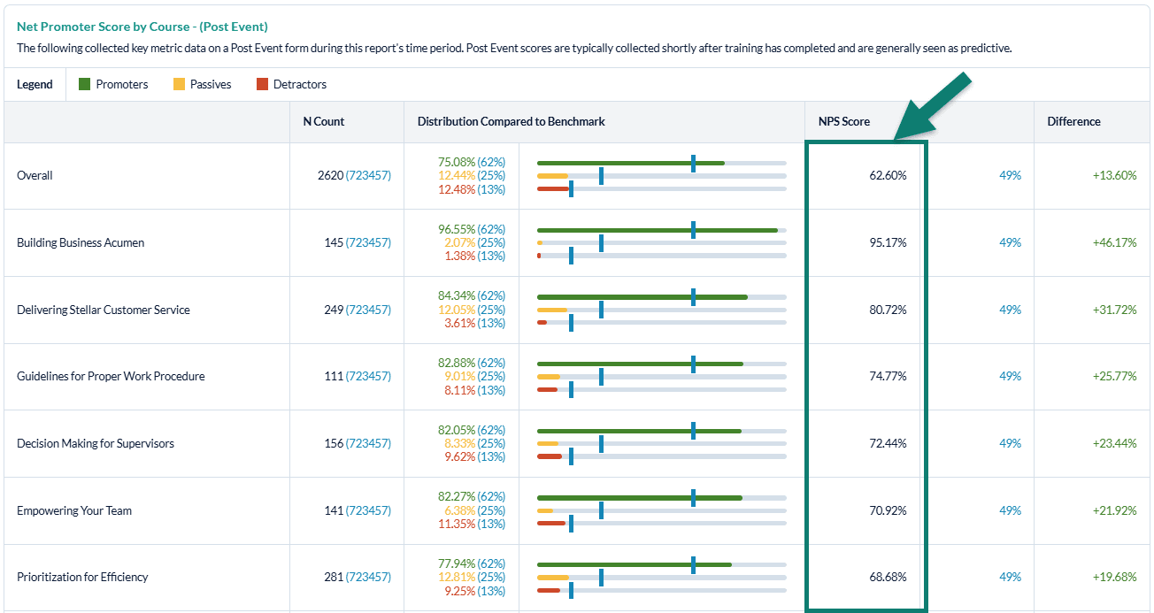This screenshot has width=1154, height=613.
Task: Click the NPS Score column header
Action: coord(843,121)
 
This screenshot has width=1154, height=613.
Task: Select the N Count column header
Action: coord(323,121)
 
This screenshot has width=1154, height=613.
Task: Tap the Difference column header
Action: coord(1073,121)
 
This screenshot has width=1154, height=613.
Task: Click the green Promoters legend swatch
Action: coord(85,85)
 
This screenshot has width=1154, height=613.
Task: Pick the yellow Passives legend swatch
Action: coord(179,85)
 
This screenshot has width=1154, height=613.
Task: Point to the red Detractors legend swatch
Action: coord(262,85)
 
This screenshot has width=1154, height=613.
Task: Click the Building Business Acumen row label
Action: coord(81,242)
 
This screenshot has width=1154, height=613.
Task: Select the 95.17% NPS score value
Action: coord(888,242)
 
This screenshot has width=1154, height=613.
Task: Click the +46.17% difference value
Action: coord(1114,242)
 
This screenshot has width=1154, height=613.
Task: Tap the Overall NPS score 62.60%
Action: coord(888,175)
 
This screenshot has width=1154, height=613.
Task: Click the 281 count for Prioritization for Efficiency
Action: coord(332,577)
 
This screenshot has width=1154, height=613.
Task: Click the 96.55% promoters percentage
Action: coord(457,229)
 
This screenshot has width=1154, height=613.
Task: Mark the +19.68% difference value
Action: coord(1114,577)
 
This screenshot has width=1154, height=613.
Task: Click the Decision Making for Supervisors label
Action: coord(96,443)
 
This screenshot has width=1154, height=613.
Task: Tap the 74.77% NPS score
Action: coord(888,376)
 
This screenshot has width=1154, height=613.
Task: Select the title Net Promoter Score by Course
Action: coord(142,27)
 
